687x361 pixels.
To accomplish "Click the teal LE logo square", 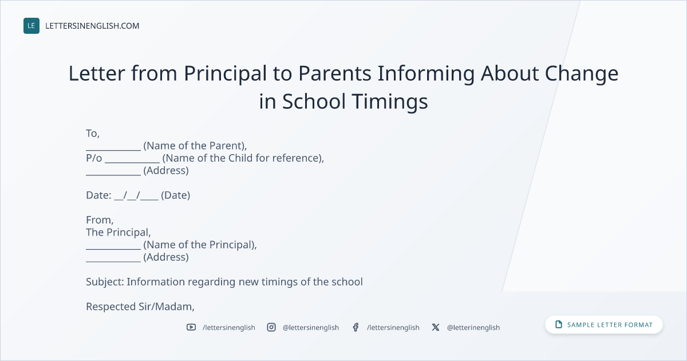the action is [x=31, y=26].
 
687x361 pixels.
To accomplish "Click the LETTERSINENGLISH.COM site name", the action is [x=92, y=26].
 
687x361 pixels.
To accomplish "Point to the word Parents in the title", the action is [x=334, y=73].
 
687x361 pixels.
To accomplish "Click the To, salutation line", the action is [x=93, y=134].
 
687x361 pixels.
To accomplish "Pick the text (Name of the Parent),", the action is [x=195, y=146].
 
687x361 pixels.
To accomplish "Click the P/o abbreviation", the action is [x=94, y=158].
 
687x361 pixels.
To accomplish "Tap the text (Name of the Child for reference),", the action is [x=243, y=158].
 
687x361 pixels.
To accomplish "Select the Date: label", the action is [x=98, y=195].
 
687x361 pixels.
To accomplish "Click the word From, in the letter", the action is [x=100, y=220].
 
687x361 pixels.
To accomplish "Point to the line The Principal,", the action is [x=119, y=233].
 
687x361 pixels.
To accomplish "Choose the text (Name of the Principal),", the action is [x=200, y=245].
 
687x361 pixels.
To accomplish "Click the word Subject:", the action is [x=105, y=282].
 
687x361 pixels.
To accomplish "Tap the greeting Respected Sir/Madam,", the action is [x=140, y=307].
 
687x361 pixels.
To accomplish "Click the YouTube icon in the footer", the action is [x=191, y=327].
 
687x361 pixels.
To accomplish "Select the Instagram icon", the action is [x=271, y=327].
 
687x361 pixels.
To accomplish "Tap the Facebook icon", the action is [x=356, y=327].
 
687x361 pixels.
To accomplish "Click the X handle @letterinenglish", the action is [x=473, y=328].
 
